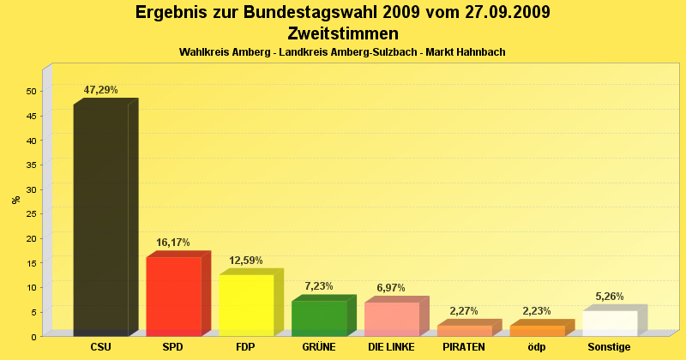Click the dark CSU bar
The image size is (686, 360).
[x=101, y=220]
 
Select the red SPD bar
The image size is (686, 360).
[x=173, y=297]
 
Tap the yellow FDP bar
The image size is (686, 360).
[x=246, y=305]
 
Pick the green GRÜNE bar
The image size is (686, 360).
[x=319, y=318]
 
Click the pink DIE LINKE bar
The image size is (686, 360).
[x=392, y=319]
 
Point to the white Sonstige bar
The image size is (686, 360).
[x=610, y=323]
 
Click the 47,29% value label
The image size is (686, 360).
[x=100, y=90]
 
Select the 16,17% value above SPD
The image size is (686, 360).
[x=173, y=243]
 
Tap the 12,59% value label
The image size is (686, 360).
[x=246, y=261]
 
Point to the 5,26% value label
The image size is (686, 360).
[x=610, y=297]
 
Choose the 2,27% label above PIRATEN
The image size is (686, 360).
[x=464, y=311]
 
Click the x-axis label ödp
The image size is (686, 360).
[x=537, y=347]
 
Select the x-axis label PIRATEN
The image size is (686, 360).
[x=464, y=347]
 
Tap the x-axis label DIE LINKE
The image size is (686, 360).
[x=391, y=347]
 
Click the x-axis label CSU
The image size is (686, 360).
[x=100, y=347]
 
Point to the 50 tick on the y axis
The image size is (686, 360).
[x=32, y=91]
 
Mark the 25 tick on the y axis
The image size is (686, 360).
[x=32, y=213]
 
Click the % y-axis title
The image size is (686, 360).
[x=15, y=200]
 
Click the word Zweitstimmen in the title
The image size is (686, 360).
[x=343, y=33]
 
